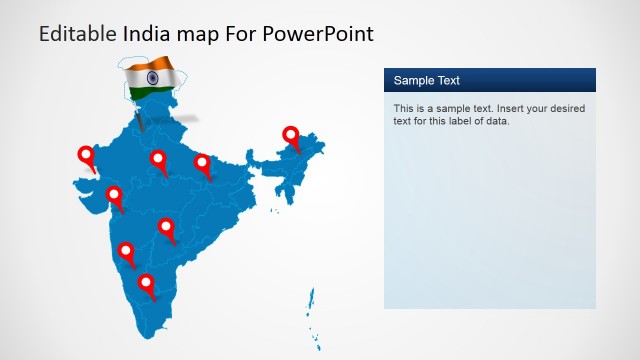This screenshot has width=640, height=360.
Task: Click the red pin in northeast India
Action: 291,135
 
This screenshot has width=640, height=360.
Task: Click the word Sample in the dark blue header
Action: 414,81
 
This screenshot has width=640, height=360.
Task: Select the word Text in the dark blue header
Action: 448,81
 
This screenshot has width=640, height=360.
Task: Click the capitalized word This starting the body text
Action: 404,108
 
